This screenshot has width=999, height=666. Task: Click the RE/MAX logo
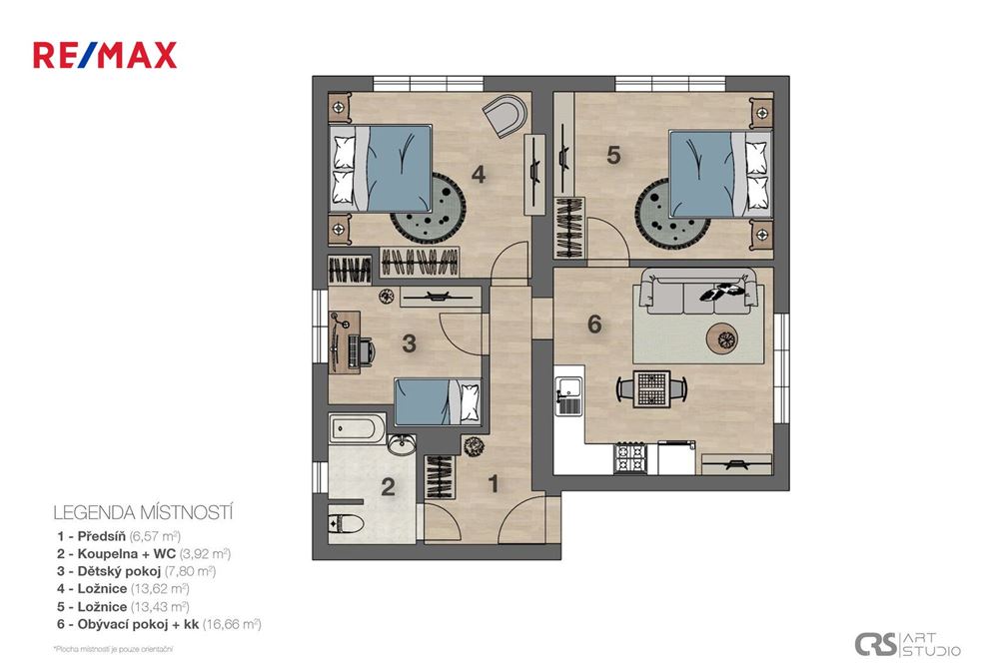tap(105, 54)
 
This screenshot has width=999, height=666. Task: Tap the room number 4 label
tap(479, 176)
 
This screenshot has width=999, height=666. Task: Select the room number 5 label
tap(614, 155)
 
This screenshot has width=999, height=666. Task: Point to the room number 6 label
tap(595, 325)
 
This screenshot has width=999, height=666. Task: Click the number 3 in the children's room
tap(409, 343)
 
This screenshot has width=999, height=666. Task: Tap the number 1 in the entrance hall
tap(493, 484)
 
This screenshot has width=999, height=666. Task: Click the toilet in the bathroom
tap(346, 522)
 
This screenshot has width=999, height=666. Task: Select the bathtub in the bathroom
tap(357, 429)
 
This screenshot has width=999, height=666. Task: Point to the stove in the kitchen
tap(630, 459)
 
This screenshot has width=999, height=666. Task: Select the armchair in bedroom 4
tap(505, 115)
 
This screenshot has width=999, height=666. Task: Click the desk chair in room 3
tap(366, 350)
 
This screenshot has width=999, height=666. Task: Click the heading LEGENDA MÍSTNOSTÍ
tap(143, 512)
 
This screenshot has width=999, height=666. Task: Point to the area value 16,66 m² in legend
tap(231, 624)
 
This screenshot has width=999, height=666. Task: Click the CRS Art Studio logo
tap(907, 644)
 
